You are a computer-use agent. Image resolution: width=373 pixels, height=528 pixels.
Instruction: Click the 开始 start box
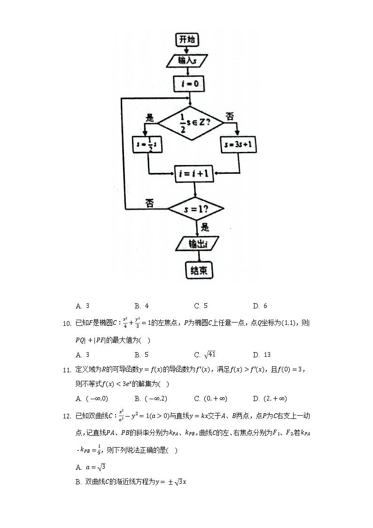click(187, 40)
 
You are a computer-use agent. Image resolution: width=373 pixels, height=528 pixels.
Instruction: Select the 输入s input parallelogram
click(187, 61)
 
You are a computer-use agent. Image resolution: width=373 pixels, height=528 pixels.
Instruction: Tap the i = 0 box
click(188, 84)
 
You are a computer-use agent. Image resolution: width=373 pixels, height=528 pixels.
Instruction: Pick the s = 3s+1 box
click(239, 145)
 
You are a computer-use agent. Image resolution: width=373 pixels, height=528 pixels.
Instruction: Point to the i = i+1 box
click(194, 174)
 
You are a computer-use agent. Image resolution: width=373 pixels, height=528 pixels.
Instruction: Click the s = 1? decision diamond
click(196, 207)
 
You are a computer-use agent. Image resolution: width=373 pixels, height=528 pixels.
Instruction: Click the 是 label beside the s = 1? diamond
click(205, 228)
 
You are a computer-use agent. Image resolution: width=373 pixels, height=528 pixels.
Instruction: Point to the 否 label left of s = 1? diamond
click(149, 203)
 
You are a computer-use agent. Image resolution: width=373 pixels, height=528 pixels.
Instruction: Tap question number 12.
click(66, 416)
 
